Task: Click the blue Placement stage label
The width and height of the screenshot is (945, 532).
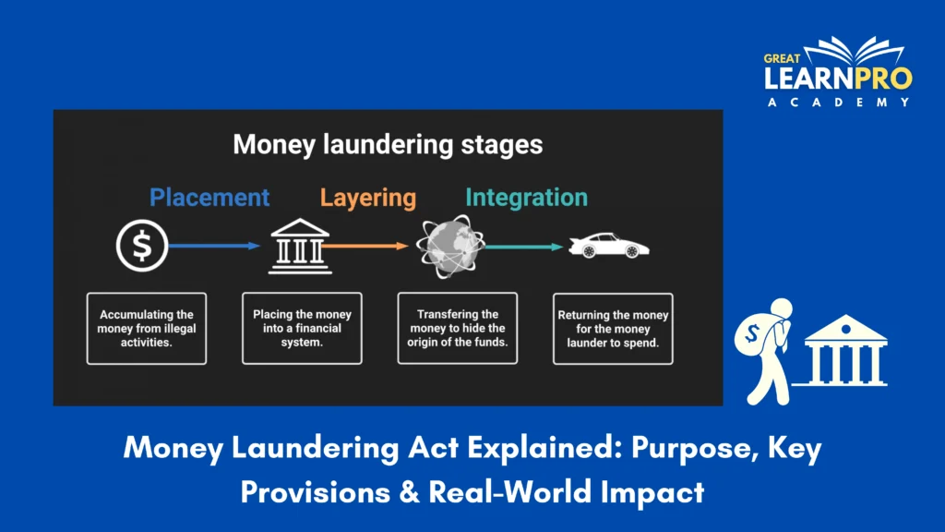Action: (209, 198)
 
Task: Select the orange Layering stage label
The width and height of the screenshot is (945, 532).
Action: (368, 198)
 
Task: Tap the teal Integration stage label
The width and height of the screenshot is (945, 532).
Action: (526, 198)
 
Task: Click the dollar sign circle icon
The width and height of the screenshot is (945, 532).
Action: (142, 247)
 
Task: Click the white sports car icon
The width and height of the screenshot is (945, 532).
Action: (609, 246)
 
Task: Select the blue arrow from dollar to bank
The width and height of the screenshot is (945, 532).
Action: (214, 247)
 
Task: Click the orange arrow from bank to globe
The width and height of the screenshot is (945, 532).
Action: (364, 247)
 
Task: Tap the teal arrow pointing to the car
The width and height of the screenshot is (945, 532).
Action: (523, 247)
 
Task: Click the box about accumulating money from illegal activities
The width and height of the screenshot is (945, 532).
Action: (147, 328)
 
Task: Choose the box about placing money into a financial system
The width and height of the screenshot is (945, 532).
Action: (302, 328)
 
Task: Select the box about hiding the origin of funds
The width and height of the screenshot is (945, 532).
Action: (457, 328)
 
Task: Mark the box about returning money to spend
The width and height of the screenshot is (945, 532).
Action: (613, 328)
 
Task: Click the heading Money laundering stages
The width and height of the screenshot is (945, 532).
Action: (388, 145)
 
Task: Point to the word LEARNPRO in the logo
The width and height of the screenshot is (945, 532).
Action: (837, 79)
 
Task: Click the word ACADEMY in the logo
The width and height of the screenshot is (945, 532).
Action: (837, 103)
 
